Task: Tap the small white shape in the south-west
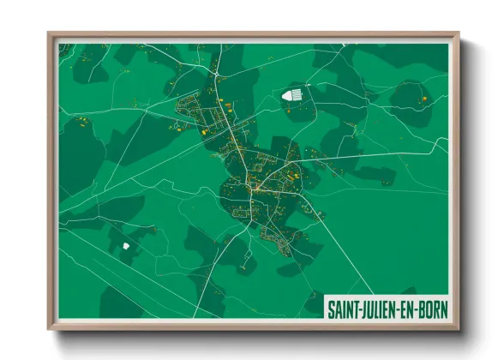point(126,245)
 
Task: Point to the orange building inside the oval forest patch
point(422,100)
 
